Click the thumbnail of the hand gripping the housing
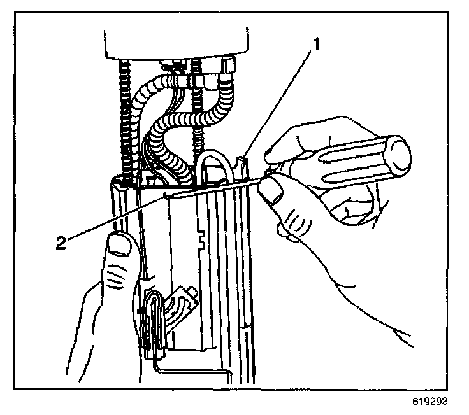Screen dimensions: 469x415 pyautogui.click(x=119, y=244)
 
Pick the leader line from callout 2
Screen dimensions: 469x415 pyautogui.click(x=115, y=218)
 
